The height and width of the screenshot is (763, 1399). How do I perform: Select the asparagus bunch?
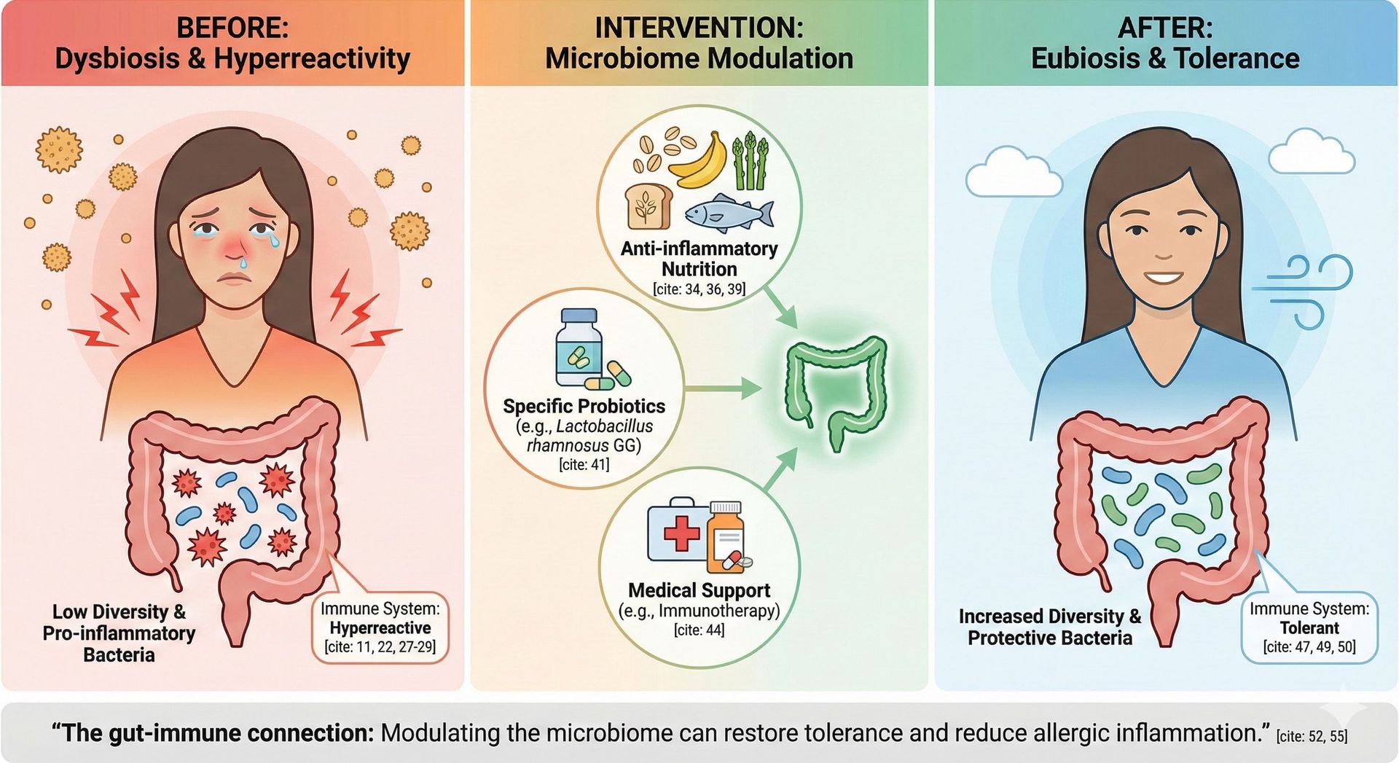click(x=751, y=162)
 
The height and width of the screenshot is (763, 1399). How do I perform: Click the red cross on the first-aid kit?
click(x=681, y=533)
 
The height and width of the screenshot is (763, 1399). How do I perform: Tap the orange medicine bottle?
click(x=726, y=537)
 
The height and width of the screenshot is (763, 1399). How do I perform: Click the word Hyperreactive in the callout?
click(x=380, y=627)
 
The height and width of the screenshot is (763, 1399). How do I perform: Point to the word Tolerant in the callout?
click(x=1309, y=627)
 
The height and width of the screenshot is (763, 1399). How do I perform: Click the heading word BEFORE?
click(x=232, y=28)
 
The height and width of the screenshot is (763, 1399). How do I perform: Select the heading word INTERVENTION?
click(x=699, y=28)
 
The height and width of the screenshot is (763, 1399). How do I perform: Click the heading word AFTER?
click(x=1164, y=28)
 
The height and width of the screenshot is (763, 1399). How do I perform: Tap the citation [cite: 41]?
click(x=584, y=464)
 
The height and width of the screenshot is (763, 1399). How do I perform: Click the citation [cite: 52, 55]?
click(x=1312, y=736)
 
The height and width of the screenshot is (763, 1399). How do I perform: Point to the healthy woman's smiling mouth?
click(x=1164, y=278)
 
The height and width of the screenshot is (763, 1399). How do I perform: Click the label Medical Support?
click(x=699, y=590)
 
